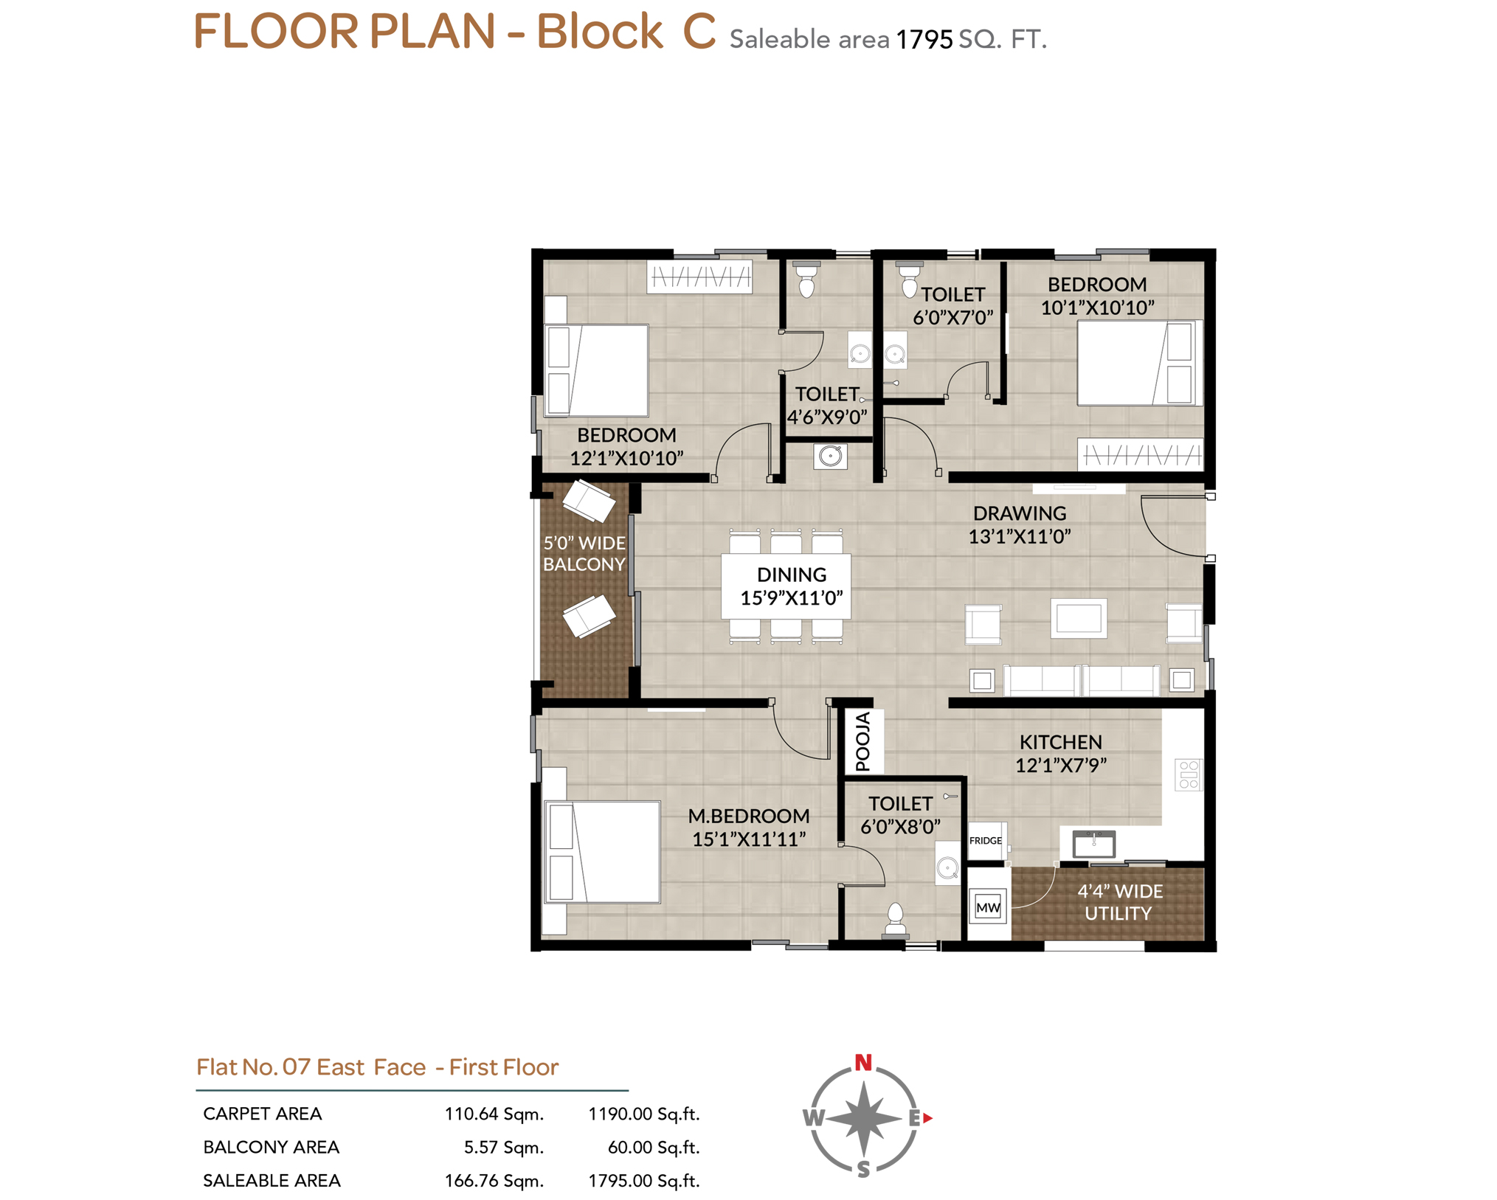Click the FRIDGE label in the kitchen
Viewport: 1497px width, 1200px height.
[985, 841]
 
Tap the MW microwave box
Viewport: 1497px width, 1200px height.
[987, 907]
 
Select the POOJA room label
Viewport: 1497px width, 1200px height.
[862, 741]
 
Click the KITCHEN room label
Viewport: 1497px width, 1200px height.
[1060, 742]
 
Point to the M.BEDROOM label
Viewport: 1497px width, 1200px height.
[748, 816]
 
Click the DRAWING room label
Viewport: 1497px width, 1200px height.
[1019, 513]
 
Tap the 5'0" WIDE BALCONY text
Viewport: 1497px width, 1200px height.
[584, 554]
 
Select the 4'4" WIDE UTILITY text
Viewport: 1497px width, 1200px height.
[1119, 902]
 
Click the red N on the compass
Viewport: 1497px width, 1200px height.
[863, 1063]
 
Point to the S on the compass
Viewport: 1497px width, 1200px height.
[863, 1168]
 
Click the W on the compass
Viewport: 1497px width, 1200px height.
[814, 1118]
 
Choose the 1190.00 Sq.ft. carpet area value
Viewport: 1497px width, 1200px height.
[643, 1114]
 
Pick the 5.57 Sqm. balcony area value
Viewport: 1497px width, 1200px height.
[504, 1147]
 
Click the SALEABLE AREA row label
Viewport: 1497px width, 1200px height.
[272, 1180]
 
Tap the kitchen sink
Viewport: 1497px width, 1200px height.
[1093, 843]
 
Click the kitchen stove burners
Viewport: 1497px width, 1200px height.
[1188, 775]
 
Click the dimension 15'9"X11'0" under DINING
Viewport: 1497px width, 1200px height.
[791, 598]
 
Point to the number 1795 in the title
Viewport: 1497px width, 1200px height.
[924, 40]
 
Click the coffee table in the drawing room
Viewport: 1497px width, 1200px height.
[1078, 618]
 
